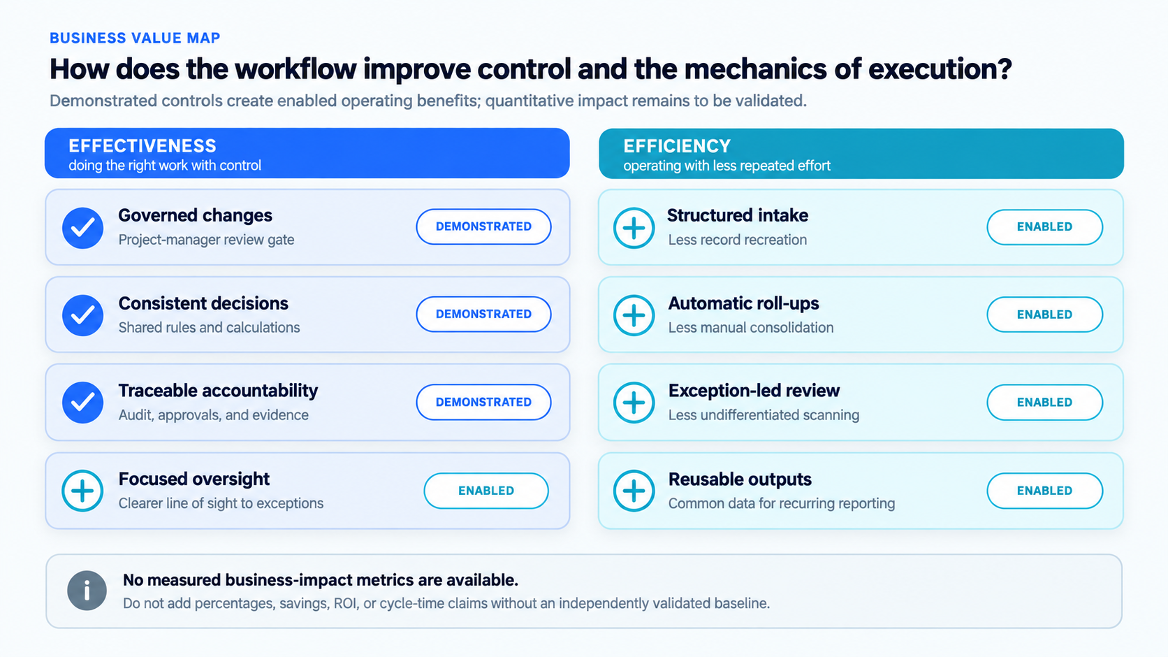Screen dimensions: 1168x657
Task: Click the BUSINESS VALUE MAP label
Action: pyautogui.click(x=135, y=38)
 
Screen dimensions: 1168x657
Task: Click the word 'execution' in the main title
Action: pyautogui.click(x=940, y=69)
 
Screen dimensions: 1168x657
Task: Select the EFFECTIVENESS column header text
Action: pyautogui.click(x=143, y=145)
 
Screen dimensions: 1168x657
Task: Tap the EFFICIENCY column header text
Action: pyautogui.click(x=677, y=146)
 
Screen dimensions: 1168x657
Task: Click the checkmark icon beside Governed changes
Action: pyautogui.click(x=82, y=228)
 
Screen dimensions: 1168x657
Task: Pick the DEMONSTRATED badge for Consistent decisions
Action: pyautogui.click(x=483, y=314)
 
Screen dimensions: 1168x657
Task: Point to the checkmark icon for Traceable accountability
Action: pyautogui.click(x=82, y=403)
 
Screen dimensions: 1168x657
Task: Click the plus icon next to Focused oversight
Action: pyautogui.click(x=82, y=491)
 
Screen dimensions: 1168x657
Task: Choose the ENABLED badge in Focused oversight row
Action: pyautogui.click(x=486, y=491)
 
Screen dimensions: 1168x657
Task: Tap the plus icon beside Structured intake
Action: pyautogui.click(x=634, y=228)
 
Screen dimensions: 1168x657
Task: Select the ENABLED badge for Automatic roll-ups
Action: pyautogui.click(x=1044, y=315)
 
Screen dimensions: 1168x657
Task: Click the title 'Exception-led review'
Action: pyautogui.click(x=754, y=390)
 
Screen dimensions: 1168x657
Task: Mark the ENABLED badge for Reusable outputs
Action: pyautogui.click(x=1044, y=491)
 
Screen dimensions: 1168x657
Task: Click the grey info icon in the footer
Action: pyautogui.click(x=87, y=591)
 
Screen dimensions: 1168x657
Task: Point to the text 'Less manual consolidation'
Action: pyautogui.click(x=751, y=328)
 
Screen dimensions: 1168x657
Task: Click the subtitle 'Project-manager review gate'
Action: pyautogui.click(x=206, y=240)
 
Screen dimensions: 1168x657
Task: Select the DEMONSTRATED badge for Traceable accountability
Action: pyautogui.click(x=483, y=403)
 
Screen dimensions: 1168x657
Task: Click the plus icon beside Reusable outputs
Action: pyautogui.click(x=634, y=491)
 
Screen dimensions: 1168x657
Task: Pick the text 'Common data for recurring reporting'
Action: pyautogui.click(x=782, y=503)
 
